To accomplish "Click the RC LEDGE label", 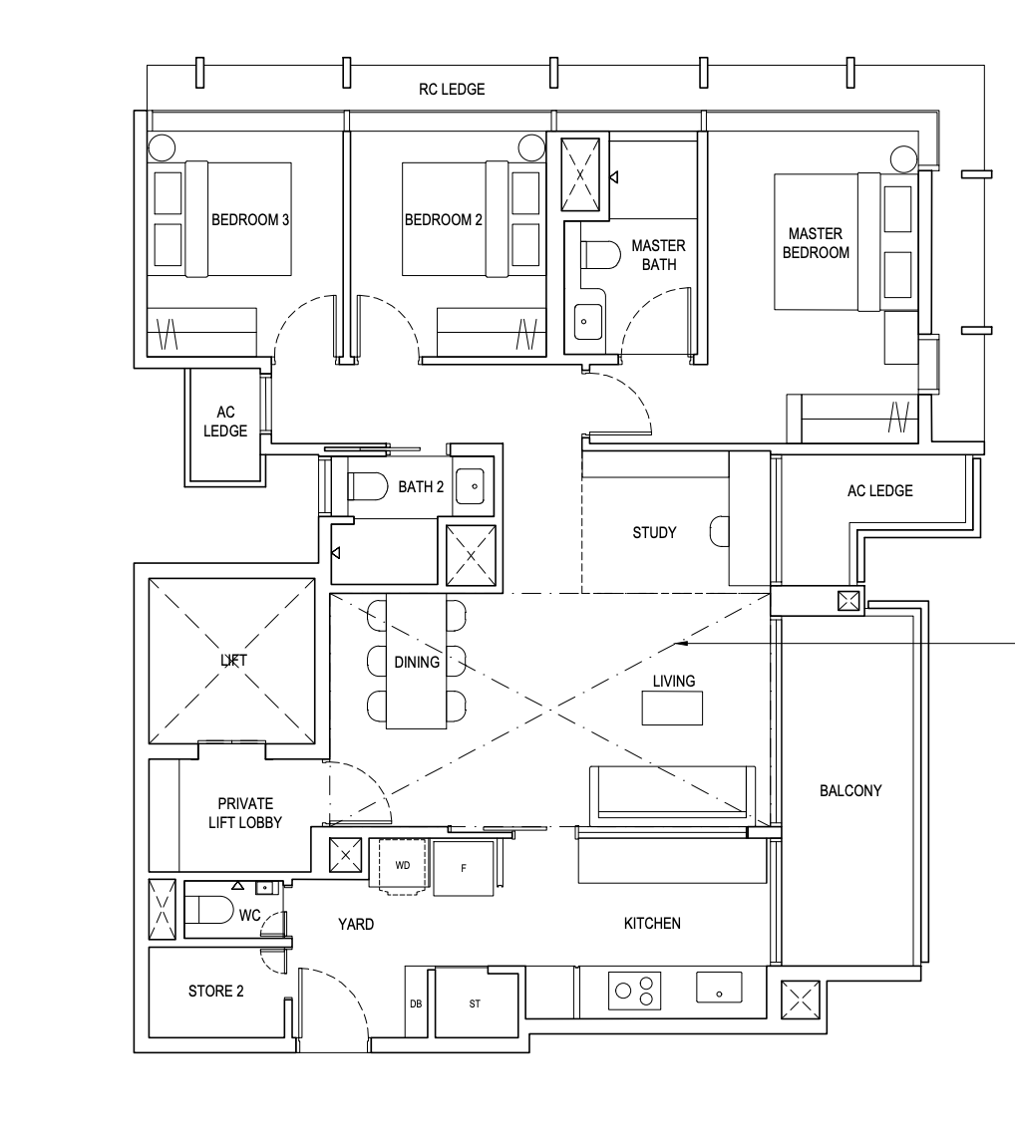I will coord(452,90).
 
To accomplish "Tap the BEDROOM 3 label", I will coord(250,219).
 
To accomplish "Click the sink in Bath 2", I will coord(473,486).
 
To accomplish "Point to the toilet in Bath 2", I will coord(367,486).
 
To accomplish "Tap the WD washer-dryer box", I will coord(402,865).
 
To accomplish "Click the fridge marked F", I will coord(464,868).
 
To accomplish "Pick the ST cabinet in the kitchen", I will coord(475,1003).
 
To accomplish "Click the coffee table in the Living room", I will coord(672,709).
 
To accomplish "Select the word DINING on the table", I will coord(417,663).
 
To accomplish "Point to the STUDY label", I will coord(654,532).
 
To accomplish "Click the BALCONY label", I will coord(850,790).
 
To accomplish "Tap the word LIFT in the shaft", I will coord(232,660).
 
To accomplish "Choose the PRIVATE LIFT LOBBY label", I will coord(245,813).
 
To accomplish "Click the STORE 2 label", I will coord(215,991).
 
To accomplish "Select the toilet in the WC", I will coord(211,910).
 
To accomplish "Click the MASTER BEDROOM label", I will coord(816,243).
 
